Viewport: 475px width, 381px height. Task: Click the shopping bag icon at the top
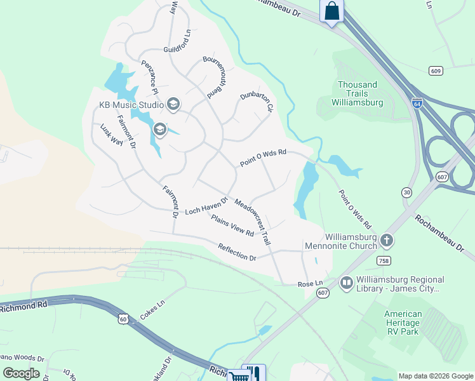[x=331, y=11]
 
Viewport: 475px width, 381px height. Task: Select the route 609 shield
[x=435, y=70]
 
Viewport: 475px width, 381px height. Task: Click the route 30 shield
[x=407, y=192]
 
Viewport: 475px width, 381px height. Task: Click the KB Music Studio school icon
[x=173, y=104]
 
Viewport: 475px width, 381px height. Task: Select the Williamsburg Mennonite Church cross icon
[x=387, y=240]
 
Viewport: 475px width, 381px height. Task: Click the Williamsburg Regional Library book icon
[x=346, y=283]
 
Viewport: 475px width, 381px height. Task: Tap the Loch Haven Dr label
[x=206, y=206]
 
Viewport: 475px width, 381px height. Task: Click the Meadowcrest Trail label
[x=253, y=222]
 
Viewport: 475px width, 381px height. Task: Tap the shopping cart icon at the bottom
[x=240, y=376]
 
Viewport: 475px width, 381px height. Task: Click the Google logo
[x=21, y=373]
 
